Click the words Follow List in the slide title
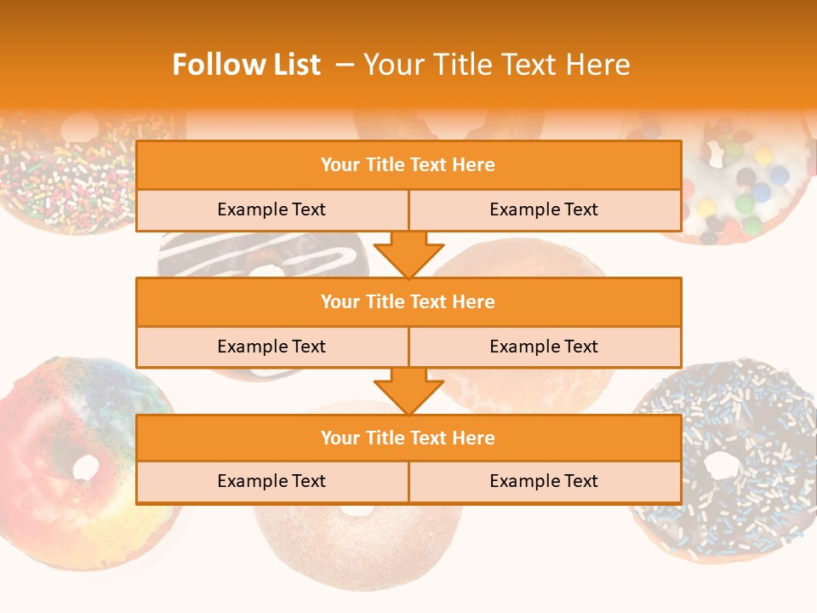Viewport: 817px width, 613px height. tap(246, 65)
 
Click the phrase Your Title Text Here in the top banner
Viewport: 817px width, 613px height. tap(496, 65)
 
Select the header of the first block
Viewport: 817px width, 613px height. tap(408, 165)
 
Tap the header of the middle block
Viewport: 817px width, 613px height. tap(408, 301)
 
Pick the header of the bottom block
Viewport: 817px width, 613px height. tap(408, 438)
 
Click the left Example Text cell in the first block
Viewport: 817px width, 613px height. tap(271, 209)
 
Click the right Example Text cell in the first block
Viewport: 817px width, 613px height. tap(544, 209)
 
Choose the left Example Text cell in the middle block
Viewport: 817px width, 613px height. tap(271, 347)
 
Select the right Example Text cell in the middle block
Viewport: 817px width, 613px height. tap(544, 347)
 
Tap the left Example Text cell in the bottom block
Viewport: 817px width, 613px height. tap(271, 481)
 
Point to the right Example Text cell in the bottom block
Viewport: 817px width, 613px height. tap(544, 481)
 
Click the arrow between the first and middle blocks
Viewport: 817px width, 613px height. tap(408, 254)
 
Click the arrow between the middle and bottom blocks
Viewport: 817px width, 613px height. tap(408, 391)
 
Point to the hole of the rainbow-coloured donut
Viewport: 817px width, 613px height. tap(85, 467)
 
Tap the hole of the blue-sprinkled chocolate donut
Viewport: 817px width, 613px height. tap(722, 464)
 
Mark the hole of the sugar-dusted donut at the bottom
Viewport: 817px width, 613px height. tap(358, 510)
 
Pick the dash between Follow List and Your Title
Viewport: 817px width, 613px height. tap(345, 65)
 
